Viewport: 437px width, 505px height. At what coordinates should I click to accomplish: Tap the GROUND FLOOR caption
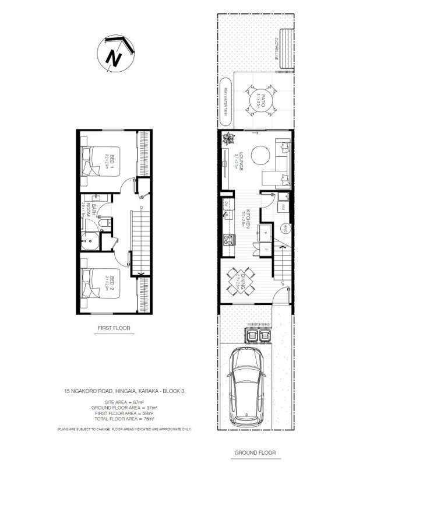(x=255, y=453)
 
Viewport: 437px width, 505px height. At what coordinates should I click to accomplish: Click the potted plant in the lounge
(x=228, y=139)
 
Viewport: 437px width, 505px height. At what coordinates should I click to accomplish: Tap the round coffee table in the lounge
(x=260, y=155)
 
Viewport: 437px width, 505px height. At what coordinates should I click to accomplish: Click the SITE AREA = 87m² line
(x=125, y=402)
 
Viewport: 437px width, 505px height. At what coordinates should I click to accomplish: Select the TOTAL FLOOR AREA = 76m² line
(x=125, y=418)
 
